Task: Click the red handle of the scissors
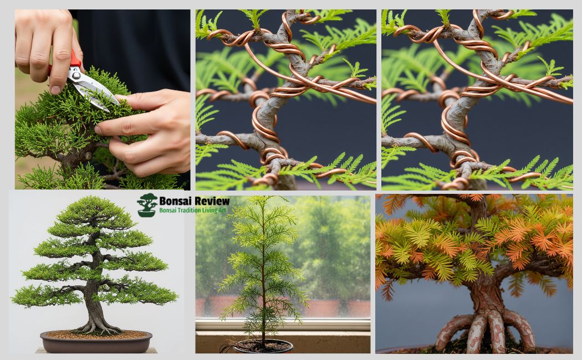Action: [75, 60]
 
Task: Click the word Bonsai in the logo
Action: [174, 200]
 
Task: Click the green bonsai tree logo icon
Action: [147, 204]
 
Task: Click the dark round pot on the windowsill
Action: [263, 347]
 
